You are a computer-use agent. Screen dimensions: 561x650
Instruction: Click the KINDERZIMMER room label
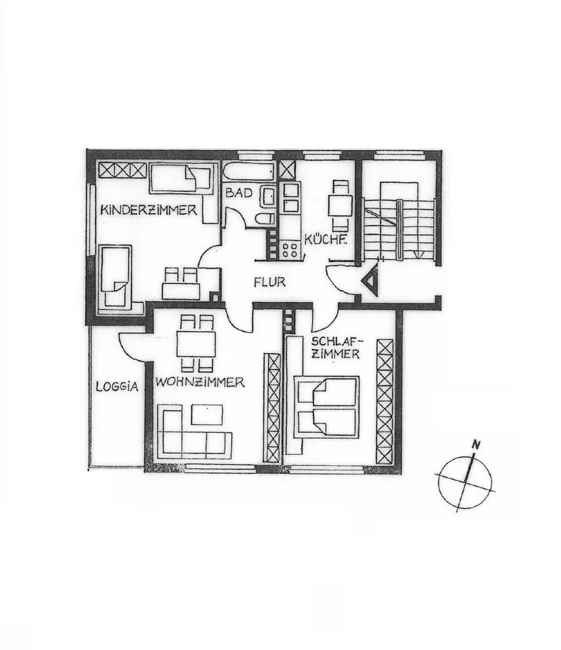tap(149, 210)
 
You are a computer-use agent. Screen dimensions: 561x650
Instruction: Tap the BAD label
tap(239, 193)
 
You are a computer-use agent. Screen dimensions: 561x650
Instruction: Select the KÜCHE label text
tap(325, 240)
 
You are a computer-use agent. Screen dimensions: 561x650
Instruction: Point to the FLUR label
tap(269, 282)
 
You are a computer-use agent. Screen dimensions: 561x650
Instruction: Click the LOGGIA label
tap(117, 386)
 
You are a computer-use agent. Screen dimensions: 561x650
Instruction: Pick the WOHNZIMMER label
tap(200, 382)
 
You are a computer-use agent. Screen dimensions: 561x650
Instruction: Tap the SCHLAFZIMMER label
tap(336, 347)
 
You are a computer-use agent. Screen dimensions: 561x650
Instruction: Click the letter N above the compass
tap(477, 446)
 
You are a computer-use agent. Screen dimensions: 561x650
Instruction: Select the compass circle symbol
tap(466, 482)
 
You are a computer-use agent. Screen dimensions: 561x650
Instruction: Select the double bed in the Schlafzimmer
tap(327, 406)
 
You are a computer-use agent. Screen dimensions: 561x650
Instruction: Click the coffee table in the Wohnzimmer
tap(207, 415)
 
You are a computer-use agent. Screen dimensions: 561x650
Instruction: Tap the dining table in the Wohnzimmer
tap(196, 344)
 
